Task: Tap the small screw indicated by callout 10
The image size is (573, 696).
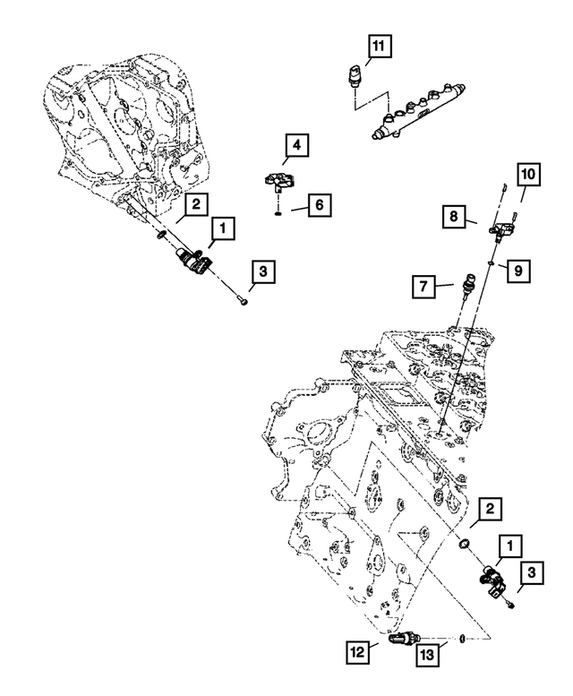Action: coord(505,187)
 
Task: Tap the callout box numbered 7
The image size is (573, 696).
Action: coord(423,287)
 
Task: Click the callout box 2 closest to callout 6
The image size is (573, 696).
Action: coord(198,205)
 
